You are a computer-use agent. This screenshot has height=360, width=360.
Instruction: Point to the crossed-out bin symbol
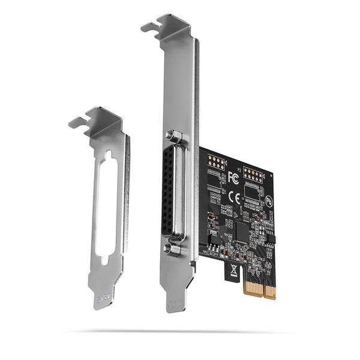(231, 271)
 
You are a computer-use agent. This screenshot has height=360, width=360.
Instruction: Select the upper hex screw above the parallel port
(173, 136)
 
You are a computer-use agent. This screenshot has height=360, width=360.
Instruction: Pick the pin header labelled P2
(253, 175)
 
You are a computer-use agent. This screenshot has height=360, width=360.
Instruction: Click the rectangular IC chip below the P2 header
(252, 193)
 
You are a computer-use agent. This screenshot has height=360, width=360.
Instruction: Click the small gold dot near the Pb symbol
(271, 176)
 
